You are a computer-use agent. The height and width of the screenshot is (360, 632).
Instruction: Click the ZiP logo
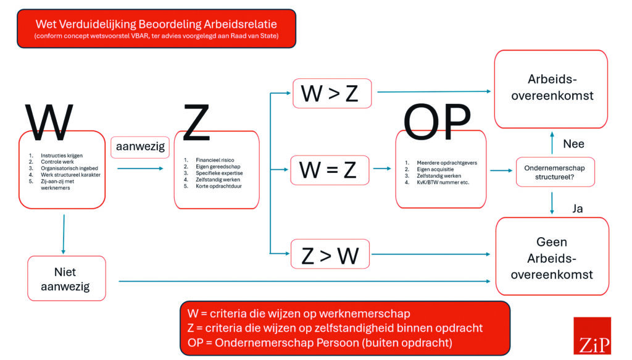(592, 336)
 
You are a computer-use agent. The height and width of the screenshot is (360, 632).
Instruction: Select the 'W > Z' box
(332, 93)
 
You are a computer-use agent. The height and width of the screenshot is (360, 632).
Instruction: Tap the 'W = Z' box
(330, 170)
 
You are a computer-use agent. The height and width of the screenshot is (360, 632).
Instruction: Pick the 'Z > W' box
(330, 254)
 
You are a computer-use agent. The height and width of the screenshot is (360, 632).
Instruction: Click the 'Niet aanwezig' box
(67, 278)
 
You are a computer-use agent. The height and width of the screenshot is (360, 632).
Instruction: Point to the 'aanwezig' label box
(140, 147)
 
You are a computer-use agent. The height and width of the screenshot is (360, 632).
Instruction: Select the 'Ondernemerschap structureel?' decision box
(555, 172)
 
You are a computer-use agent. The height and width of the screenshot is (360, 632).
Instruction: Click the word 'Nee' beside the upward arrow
(573, 144)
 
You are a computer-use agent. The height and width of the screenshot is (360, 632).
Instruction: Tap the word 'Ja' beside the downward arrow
(577, 209)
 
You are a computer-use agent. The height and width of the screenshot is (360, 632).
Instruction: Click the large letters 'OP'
(437, 122)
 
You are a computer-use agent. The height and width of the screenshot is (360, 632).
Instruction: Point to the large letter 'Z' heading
(196, 122)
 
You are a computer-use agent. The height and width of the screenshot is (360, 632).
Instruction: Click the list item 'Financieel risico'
(215, 160)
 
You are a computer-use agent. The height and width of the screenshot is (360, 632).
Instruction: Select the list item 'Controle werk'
(57, 162)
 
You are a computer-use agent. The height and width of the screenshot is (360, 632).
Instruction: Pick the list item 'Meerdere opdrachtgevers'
(447, 163)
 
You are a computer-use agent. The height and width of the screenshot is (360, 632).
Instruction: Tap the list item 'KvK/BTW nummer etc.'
(443, 182)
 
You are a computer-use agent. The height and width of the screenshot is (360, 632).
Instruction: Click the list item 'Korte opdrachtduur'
(219, 186)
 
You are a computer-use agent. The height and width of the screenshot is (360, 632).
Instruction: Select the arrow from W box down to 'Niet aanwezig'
(64, 234)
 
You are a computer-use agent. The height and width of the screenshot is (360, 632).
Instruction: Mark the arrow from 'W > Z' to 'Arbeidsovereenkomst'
(434, 91)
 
